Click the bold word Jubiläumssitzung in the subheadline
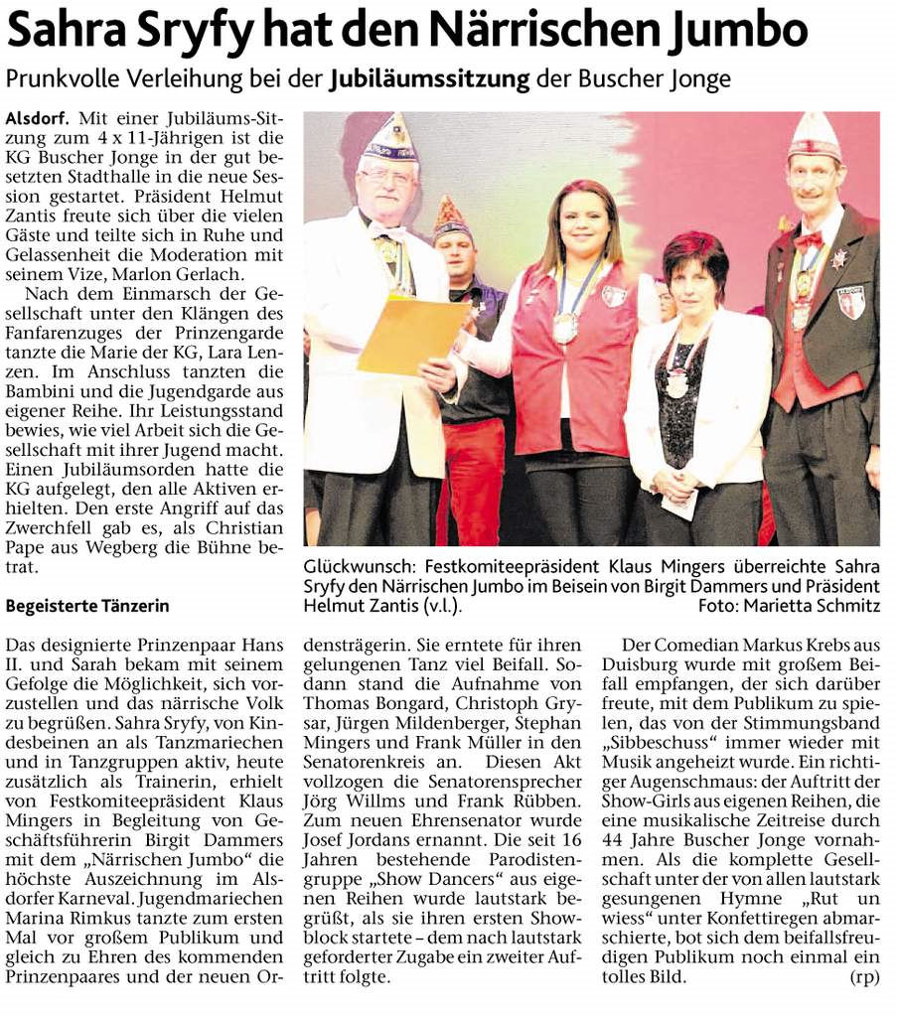pyautogui.click(x=429, y=79)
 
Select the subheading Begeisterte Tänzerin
pyautogui.click(x=87, y=605)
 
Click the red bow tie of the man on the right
pyautogui.click(x=807, y=240)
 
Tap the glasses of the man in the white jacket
pyautogui.click(x=385, y=176)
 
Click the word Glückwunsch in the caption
pyautogui.click(x=353, y=566)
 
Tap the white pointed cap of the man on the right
pyautogui.click(x=815, y=136)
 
